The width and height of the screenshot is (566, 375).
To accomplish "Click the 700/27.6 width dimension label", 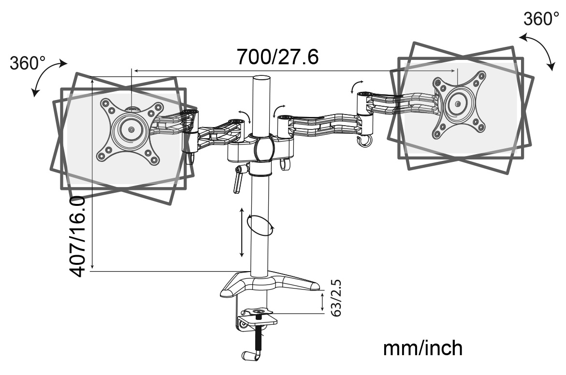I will pyautogui.click(x=277, y=57).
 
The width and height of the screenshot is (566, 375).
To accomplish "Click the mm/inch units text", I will pyautogui.click(x=422, y=348).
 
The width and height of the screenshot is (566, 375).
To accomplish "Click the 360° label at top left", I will pyautogui.click(x=28, y=63).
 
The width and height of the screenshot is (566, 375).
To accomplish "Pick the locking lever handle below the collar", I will pyautogui.click(x=237, y=181).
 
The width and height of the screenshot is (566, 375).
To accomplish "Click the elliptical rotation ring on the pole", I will pyautogui.click(x=260, y=225).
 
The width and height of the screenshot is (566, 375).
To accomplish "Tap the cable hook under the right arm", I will pyautogui.click(x=363, y=141).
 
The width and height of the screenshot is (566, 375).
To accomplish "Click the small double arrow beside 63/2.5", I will pyautogui.click(x=323, y=302).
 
